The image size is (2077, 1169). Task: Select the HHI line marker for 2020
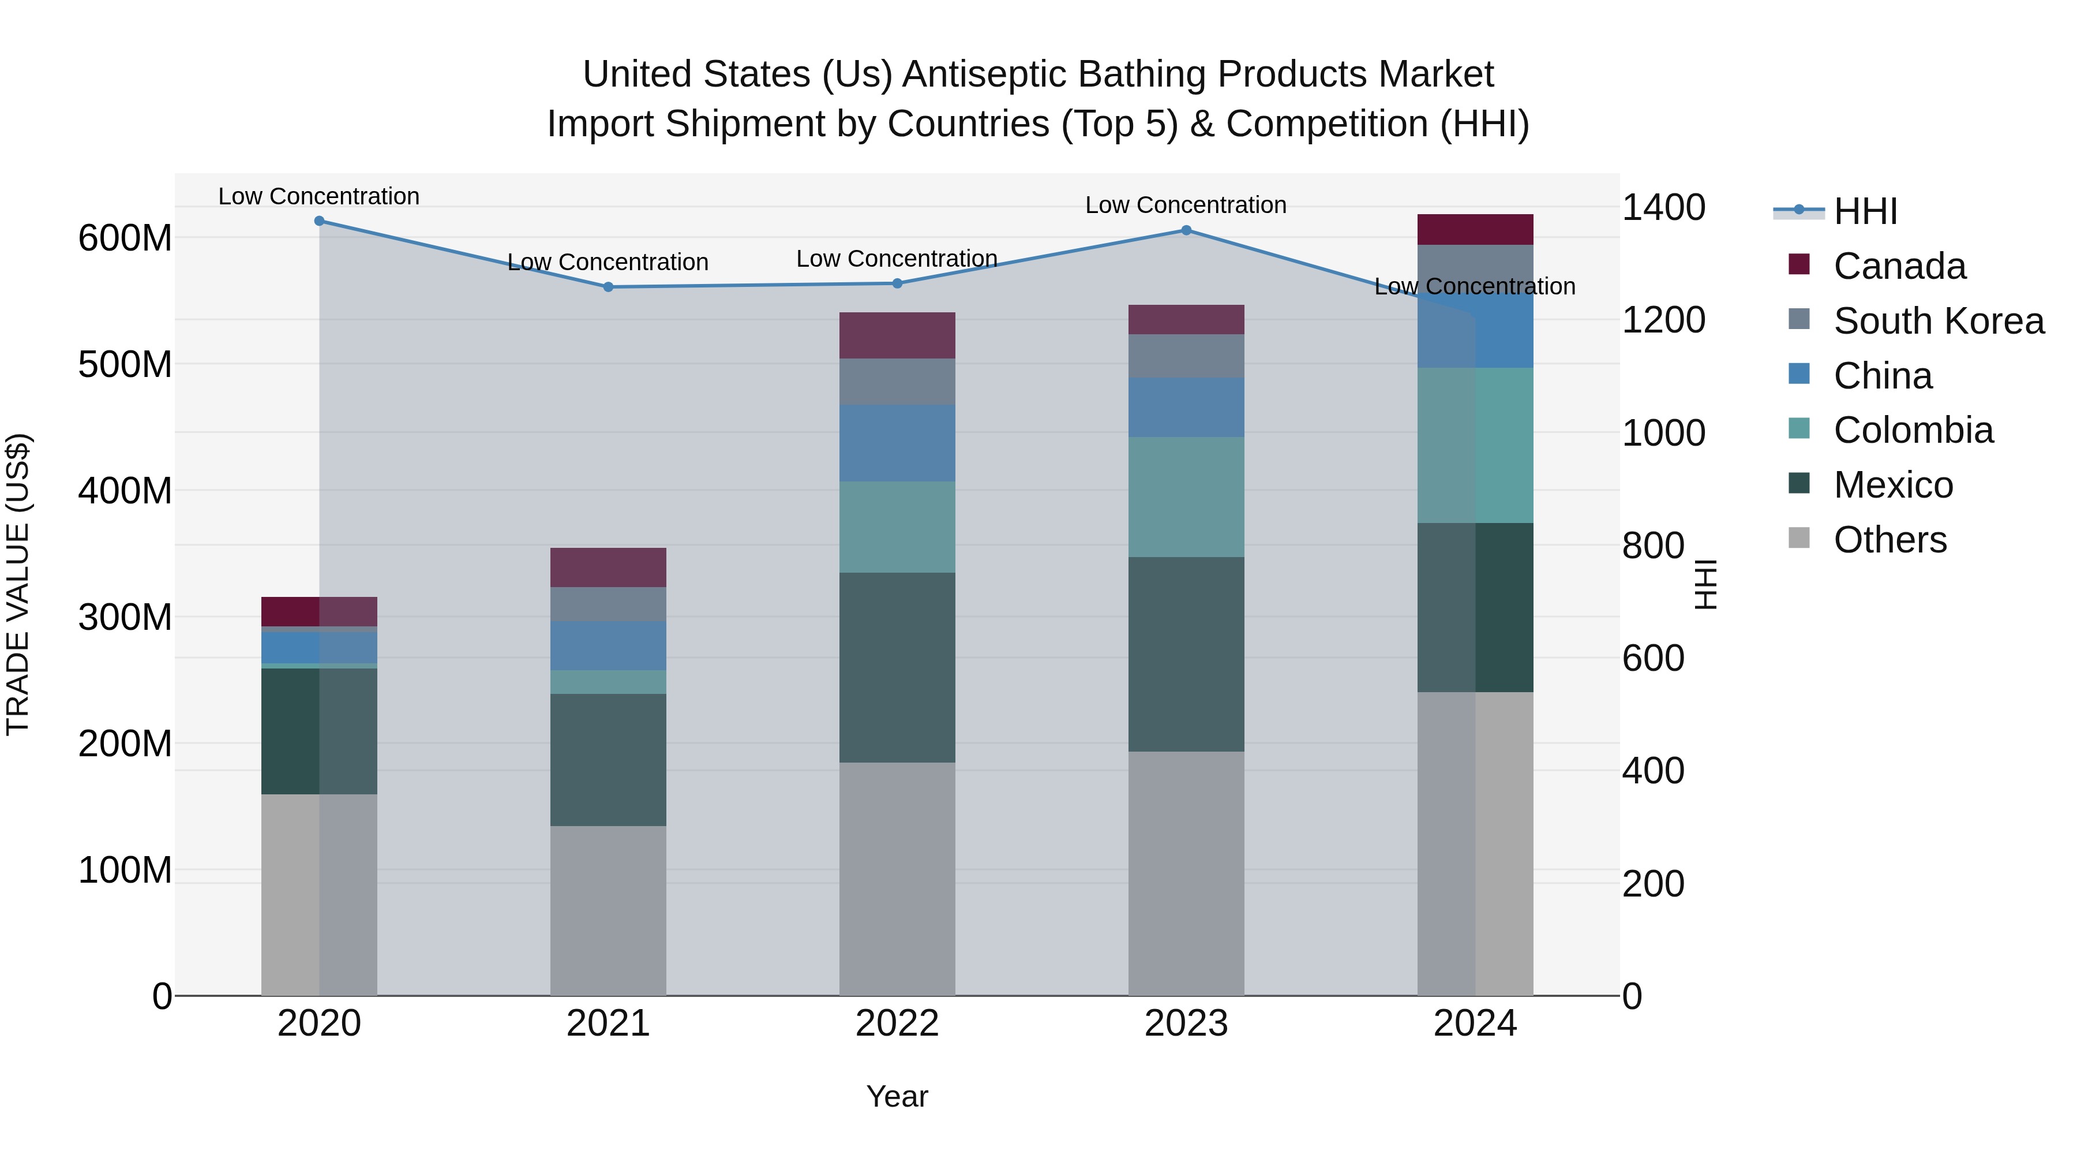coord(319,221)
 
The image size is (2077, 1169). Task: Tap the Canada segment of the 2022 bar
coord(897,335)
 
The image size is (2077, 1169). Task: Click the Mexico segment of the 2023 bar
coord(1186,653)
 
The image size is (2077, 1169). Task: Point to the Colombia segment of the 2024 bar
coord(1475,445)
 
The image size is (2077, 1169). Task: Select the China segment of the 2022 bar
coord(897,443)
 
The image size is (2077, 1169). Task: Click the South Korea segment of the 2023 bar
coord(1186,356)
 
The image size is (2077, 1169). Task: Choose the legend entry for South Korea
coord(1939,321)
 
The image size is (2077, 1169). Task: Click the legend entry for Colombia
coord(1913,430)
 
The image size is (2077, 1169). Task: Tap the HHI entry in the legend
coord(1865,211)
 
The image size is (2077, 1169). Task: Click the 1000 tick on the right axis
coord(1663,433)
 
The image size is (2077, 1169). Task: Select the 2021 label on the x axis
coord(608,1024)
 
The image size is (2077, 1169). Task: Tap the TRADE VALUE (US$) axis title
coord(18,584)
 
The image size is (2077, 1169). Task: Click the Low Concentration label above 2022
coord(897,259)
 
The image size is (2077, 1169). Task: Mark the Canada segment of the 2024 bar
coord(1475,229)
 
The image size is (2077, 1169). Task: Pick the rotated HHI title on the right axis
coord(1706,584)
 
